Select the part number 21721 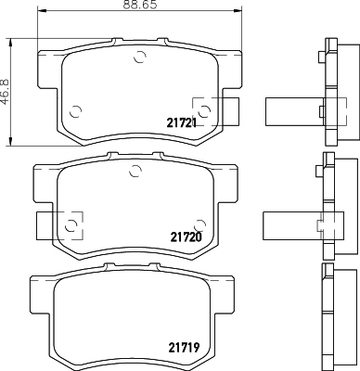tap(182, 123)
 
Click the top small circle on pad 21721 tap(140, 58)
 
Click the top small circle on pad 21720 tap(135, 170)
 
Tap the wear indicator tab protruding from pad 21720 tap(46, 223)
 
